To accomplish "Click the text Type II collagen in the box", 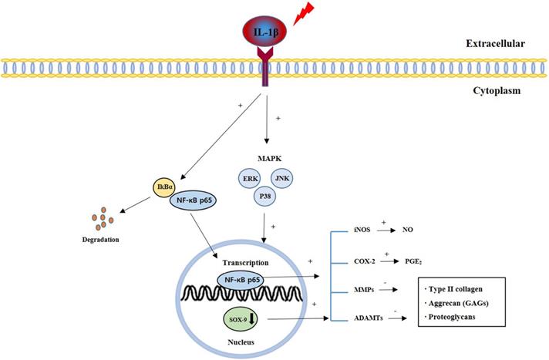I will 463,291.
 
